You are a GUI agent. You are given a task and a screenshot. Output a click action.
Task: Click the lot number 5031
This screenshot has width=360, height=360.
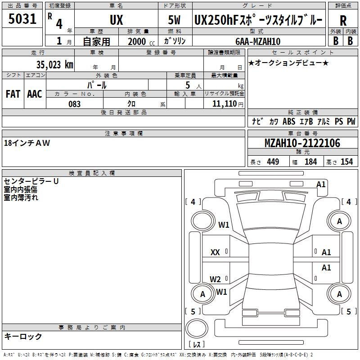[22, 19]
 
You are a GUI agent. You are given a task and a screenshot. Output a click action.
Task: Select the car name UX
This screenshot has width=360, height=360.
[116, 20]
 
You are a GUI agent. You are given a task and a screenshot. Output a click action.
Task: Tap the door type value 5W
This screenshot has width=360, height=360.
[175, 20]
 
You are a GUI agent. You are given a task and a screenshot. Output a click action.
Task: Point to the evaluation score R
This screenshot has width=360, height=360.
[343, 21]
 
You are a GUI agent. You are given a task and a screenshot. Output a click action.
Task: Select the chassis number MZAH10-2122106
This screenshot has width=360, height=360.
[302, 144]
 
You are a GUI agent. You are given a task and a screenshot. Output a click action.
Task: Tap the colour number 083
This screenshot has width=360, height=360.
[74, 104]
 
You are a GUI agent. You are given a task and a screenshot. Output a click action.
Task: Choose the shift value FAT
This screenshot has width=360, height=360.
[13, 94]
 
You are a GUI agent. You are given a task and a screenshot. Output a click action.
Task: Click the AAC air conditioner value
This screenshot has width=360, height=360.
[35, 94]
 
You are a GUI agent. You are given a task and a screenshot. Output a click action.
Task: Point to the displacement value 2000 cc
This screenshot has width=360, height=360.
[139, 41]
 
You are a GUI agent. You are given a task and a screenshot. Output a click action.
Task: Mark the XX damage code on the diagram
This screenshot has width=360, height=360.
[215, 252]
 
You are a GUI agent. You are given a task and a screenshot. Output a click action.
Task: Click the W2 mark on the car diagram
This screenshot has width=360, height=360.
[215, 279]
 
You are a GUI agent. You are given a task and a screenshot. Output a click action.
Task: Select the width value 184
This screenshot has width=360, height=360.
[310, 162]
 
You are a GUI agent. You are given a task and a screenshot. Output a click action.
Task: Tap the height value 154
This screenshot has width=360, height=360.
[346, 162]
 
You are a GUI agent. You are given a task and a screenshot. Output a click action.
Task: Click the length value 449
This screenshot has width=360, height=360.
[272, 162]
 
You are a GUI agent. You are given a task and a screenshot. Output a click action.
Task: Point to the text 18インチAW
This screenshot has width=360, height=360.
[27, 143]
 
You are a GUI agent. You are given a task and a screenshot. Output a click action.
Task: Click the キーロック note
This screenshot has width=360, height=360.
[23, 336]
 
